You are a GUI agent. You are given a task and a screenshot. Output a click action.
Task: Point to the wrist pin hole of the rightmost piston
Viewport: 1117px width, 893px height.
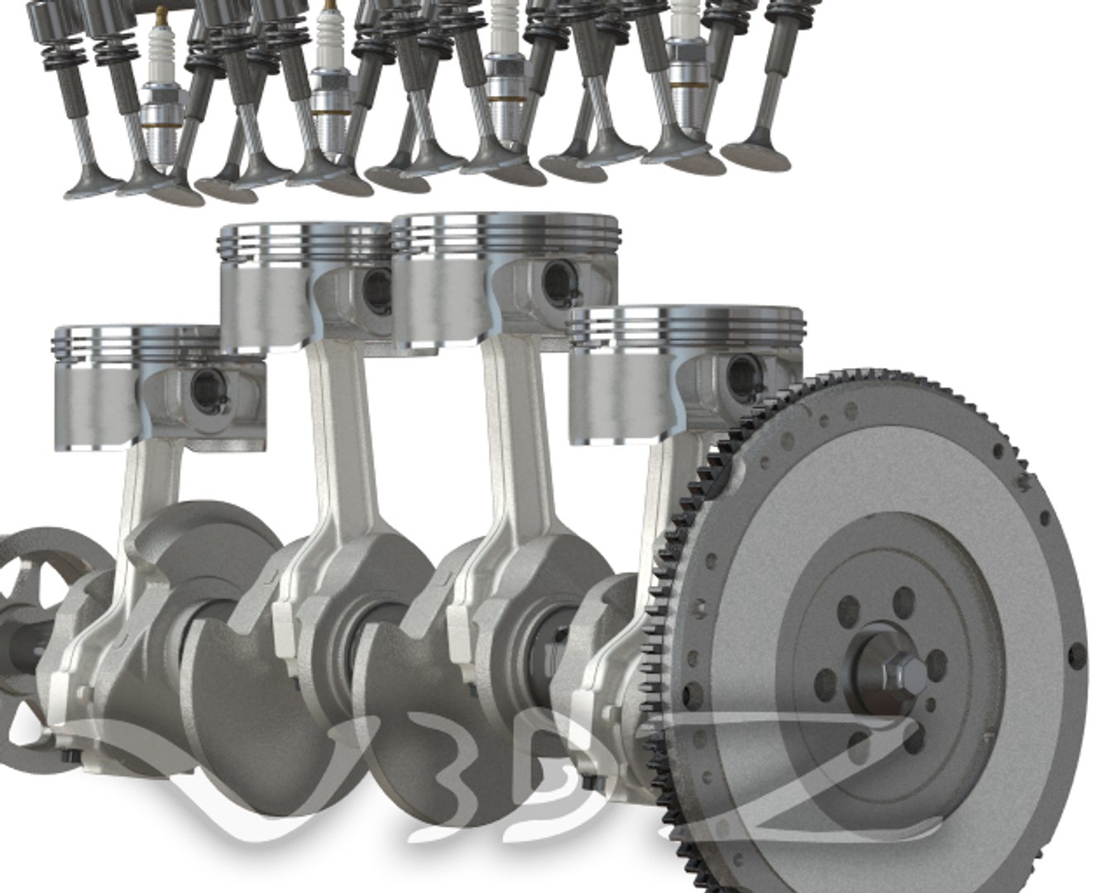[x=740, y=374]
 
